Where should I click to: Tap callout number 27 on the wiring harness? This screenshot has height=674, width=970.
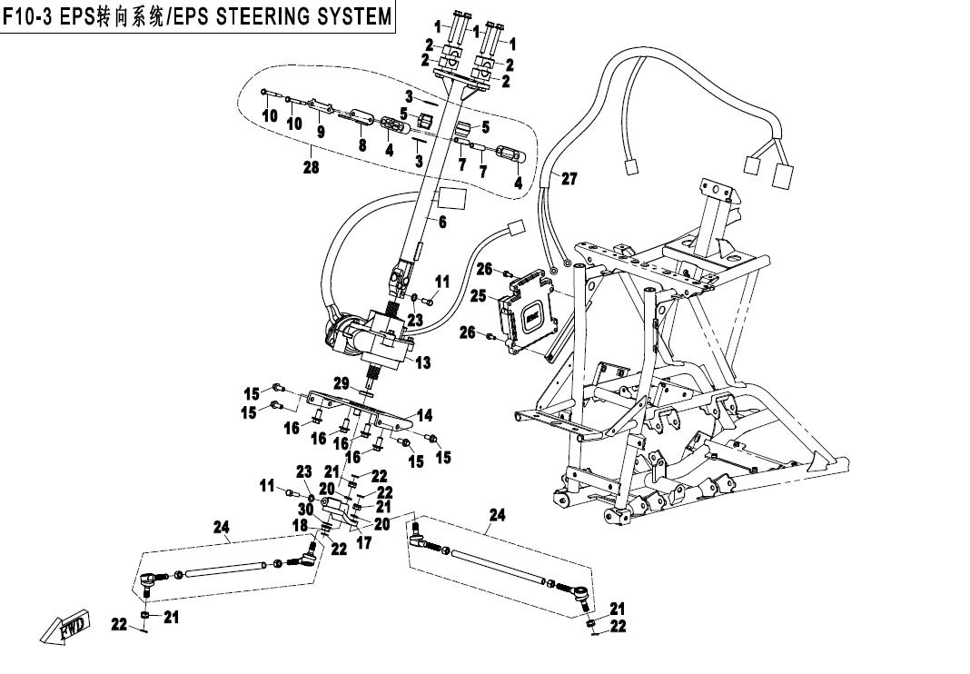tap(569, 179)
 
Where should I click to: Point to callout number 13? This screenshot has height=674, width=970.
tap(423, 363)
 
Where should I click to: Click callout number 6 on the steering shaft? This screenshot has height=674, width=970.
tap(442, 222)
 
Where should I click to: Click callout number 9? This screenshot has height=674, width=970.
tap(320, 132)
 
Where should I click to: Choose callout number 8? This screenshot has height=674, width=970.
tap(361, 144)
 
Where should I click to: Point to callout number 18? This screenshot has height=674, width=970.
tap(298, 526)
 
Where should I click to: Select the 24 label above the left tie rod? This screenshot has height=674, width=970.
tap(221, 527)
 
